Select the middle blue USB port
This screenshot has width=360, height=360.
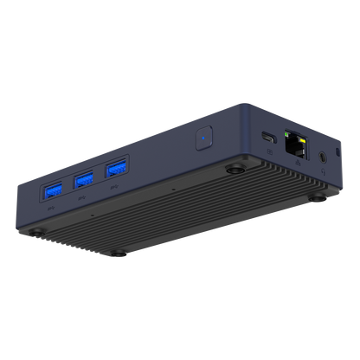pos(85,179)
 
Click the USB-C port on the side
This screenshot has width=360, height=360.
pos(269,137)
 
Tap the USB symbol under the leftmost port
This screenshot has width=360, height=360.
pos(51,208)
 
